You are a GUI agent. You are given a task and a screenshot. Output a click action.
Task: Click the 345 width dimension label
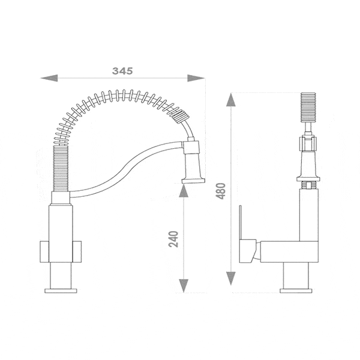[x=122, y=71]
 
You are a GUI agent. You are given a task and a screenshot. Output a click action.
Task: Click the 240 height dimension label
[x=173, y=239]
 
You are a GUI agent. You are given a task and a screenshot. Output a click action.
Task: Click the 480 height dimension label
[x=221, y=191]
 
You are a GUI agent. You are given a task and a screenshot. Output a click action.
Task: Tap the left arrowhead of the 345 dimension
[x=49, y=78]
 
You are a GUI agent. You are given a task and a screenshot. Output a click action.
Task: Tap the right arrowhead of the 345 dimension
[x=196, y=78]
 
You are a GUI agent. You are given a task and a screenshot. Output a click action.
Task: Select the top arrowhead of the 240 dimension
[x=184, y=190]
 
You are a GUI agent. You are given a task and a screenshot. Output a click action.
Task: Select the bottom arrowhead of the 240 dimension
[x=184, y=286]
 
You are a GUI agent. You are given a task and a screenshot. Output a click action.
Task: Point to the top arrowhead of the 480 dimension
[x=231, y=100]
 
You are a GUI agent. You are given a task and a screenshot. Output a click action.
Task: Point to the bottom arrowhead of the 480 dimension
[x=231, y=278]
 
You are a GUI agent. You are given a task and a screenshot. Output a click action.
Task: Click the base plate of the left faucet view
[x=61, y=291]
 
